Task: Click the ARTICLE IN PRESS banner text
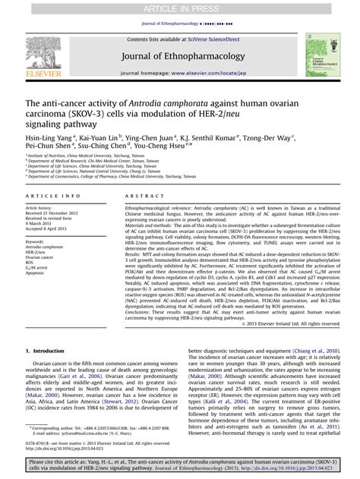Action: click(180, 8)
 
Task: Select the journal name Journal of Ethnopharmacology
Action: click(179, 55)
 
